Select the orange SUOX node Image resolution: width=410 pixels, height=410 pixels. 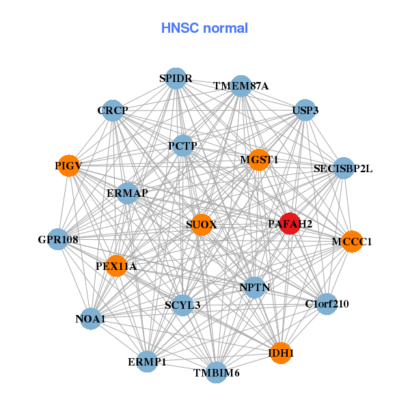point(201,225)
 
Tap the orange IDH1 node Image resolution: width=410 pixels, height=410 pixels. point(281,353)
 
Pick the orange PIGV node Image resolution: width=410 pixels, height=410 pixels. point(68,165)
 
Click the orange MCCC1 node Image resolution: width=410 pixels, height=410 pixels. point(351,241)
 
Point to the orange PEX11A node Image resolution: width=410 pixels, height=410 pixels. point(117,265)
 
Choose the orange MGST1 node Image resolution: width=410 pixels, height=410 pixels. point(258,160)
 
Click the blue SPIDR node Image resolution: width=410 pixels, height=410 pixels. point(176,78)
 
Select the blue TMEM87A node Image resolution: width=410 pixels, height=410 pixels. point(241,86)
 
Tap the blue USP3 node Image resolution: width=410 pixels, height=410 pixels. point(305,109)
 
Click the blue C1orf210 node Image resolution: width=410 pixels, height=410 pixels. point(327,304)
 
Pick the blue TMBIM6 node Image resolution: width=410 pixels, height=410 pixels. point(216,372)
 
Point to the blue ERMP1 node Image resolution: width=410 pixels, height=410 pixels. point(147,361)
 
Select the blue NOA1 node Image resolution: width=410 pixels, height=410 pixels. point(91,318)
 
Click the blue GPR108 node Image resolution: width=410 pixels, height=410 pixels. point(58,239)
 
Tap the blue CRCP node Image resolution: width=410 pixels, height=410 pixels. point(113,110)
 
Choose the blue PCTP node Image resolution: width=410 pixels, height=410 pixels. point(182,146)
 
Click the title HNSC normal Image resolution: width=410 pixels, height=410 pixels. point(204,28)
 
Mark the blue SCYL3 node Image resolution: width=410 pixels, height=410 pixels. point(182,305)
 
